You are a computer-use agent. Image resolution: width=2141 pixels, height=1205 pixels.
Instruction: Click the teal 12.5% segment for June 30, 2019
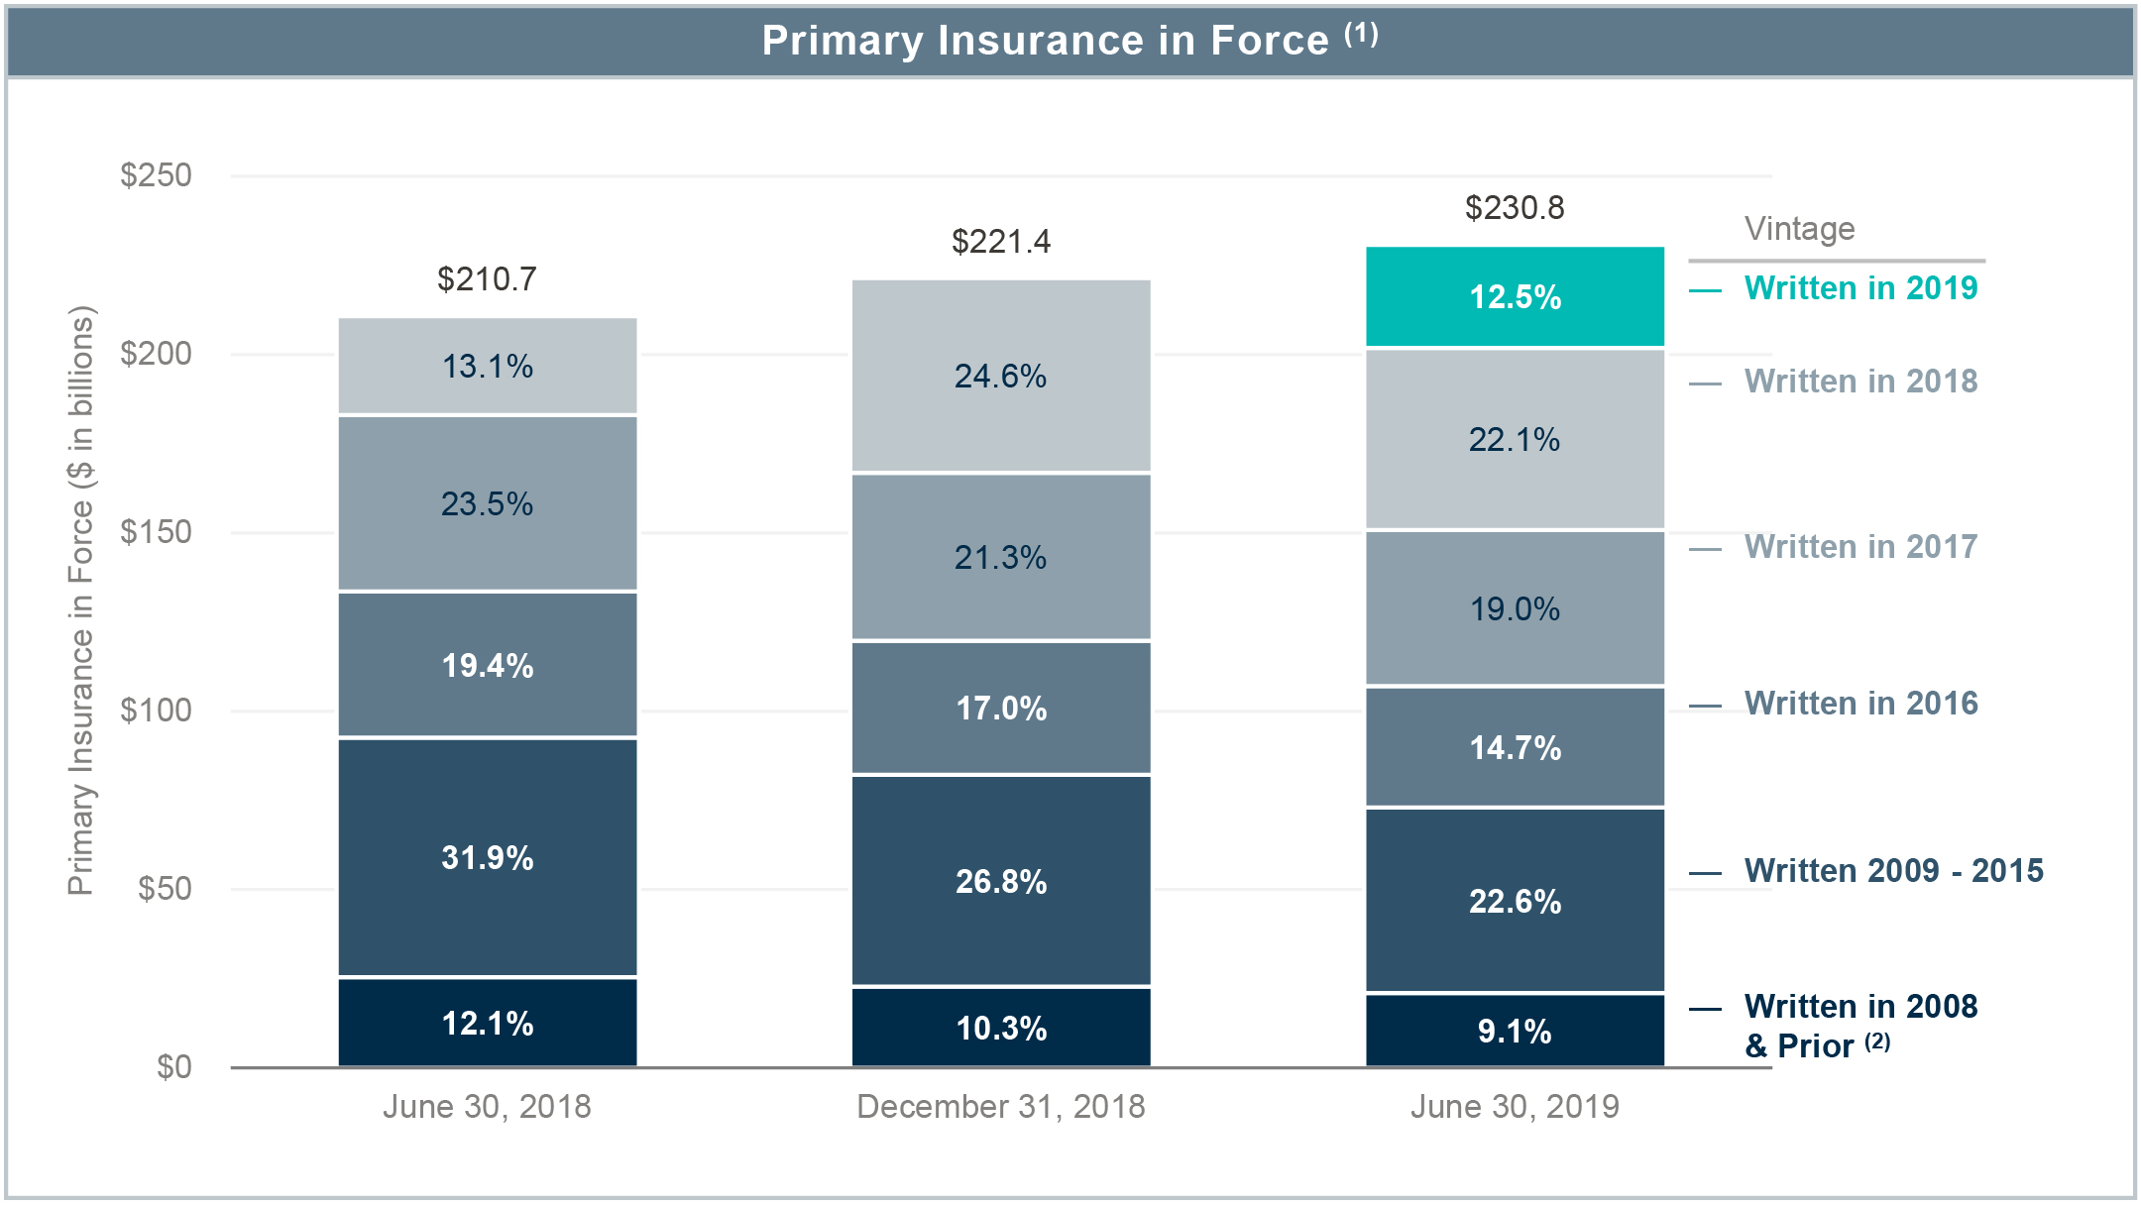(x=1515, y=297)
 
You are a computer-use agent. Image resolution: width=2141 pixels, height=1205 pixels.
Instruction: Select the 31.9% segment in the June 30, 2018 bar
(x=487, y=857)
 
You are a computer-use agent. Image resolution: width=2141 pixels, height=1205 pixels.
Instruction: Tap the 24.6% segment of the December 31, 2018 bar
(x=1000, y=376)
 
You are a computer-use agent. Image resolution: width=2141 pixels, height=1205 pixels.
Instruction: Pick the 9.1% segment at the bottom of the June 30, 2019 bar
(x=1515, y=1031)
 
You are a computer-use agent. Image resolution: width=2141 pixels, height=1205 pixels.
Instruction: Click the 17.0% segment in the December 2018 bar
(x=1000, y=708)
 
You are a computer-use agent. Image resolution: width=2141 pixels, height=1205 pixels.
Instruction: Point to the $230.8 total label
(x=1515, y=208)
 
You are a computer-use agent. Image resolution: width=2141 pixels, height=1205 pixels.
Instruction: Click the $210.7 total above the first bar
(x=487, y=279)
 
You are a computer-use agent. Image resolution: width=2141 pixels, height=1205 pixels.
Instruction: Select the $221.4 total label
(x=1000, y=242)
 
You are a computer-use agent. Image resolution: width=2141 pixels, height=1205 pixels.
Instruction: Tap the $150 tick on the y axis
(x=156, y=532)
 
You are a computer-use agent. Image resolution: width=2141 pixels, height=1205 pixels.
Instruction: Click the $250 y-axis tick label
(x=156, y=175)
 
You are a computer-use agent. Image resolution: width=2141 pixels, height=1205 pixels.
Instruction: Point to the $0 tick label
(x=173, y=1067)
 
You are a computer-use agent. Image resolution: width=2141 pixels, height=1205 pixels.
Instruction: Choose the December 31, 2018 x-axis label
(x=1000, y=1106)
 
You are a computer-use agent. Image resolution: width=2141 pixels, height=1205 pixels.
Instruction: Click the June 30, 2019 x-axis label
(x=1515, y=1106)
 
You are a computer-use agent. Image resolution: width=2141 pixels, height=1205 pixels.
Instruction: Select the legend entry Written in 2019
(x=1859, y=288)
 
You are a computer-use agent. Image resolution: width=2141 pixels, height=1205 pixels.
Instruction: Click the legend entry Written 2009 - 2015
(x=1892, y=871)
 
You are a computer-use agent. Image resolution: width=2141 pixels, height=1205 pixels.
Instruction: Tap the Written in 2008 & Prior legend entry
(x=1859, y=1025)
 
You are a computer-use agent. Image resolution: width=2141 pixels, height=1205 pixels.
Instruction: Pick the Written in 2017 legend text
(x=1859, y=547)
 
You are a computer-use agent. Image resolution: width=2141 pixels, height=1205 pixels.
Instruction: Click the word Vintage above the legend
(x=1799, y=229)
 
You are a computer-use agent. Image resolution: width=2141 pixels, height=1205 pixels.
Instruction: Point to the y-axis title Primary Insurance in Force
(x=81, y=600)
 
